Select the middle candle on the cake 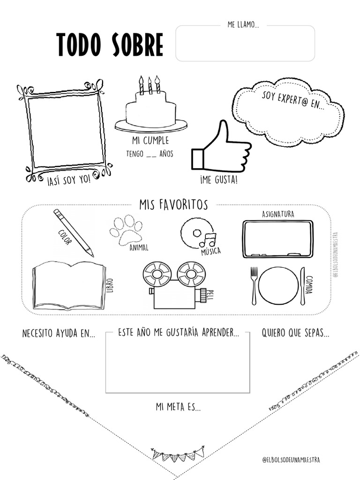(x=150, y=85)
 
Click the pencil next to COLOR (x=73, y=232)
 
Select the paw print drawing (x=126, y=230)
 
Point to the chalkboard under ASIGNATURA (x=277, y=239)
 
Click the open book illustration (x=68, y=285)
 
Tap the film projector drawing (x=175, y=285)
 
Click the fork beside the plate (x=254, y=285)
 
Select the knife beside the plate (x=302, y=285)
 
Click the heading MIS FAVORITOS (x=173, y=204)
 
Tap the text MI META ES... (x=178, y=407)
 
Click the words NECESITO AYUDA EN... (x=59, y=334)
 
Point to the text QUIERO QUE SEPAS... (x=295, y=334)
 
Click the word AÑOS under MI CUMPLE (x=166, y=154)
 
